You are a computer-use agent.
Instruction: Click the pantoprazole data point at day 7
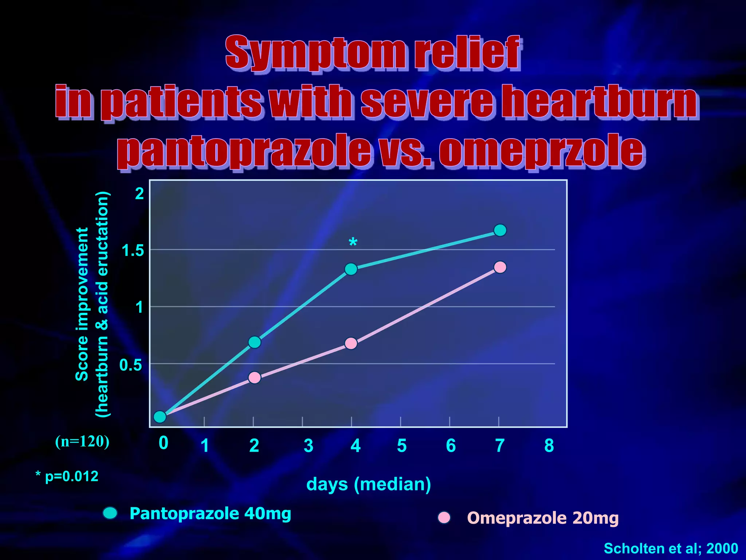(x=500, y=230)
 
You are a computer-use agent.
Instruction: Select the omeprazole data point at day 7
(x=500, y=267)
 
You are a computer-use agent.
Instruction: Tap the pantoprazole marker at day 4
(x=351, y=269)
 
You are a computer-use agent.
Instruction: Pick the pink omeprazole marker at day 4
(x=351, y=343)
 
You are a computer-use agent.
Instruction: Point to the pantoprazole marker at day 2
(x=255, y=342)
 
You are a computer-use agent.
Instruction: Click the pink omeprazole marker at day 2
(x=255, y=377)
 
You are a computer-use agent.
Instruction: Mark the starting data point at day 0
(x=160, y=416)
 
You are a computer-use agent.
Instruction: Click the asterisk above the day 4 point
(x=353, y=242)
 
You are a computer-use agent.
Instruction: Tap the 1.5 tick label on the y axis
(x=133, y=251)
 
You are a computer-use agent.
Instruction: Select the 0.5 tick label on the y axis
(x=131, y=365)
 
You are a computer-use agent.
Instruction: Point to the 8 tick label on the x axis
(x=549, y=446)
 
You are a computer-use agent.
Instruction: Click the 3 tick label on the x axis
(x=309, y=446)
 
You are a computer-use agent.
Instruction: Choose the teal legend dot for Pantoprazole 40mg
(x=110, y=513)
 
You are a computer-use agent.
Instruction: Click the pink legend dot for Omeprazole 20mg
(x=444, y=517)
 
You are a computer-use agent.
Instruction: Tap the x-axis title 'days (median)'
(x=369, y=485)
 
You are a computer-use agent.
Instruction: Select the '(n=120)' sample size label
(x=82, y=442)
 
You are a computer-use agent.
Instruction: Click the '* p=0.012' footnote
(x=67, y=477)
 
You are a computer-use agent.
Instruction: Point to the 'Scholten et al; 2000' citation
(x=671, y=548)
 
